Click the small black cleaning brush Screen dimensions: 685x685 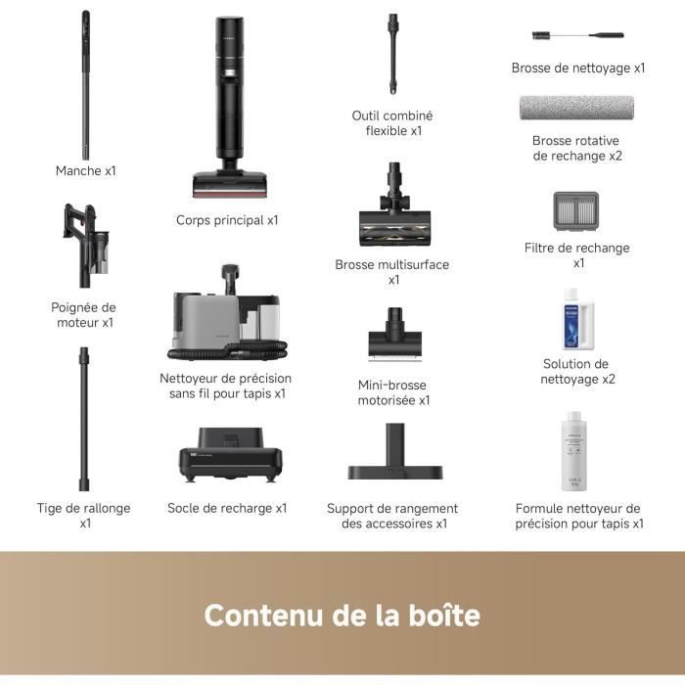577,35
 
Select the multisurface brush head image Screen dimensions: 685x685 393,210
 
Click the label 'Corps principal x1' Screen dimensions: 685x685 227,220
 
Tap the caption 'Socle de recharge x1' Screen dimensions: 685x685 227,508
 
